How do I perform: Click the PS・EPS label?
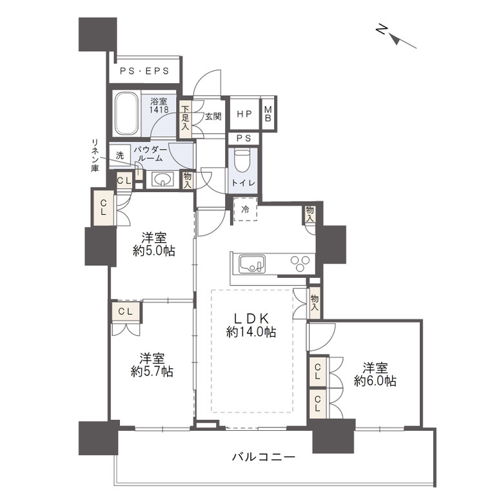click(144, 71)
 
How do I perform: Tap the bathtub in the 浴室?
click(127, 114)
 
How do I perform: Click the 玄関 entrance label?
click(213, 116)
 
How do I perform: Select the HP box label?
click(244, 114)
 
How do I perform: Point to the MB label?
click(268, 114)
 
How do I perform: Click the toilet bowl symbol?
click(242, 161)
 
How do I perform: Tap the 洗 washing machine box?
click(119, 155)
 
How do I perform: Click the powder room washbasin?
click(163, 180)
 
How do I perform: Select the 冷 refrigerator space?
click(245, 209)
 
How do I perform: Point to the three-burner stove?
click(301, 263)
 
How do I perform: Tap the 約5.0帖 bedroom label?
click(154, 244)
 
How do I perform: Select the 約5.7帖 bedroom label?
click(152, 365)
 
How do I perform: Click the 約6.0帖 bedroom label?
click(375, 374)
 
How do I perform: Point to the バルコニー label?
click(263, 457)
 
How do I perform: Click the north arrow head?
click(397, 40)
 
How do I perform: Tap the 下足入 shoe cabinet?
click(186, 117)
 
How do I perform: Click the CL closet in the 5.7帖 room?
click(126, 311)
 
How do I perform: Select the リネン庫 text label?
click(95, 155)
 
